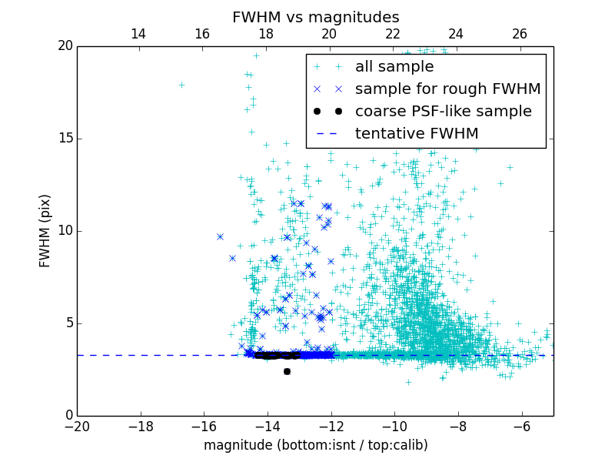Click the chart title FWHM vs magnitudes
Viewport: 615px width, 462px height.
coord(315,17)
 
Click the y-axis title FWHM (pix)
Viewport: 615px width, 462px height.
coord(45,231)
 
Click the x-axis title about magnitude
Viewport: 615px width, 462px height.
coord(315,445)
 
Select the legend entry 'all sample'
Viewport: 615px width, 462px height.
coord(394,67)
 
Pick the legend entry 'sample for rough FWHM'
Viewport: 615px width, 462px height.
coord(447,89)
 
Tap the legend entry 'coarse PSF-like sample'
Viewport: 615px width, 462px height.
coord(443,112)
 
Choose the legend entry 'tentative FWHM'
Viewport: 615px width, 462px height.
coord(416,134)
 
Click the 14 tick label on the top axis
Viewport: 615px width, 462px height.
coord(138,34)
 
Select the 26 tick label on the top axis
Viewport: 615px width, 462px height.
coord(520,34)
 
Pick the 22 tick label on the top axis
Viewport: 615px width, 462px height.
coord(393,34)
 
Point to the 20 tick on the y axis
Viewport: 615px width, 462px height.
coord(64,46)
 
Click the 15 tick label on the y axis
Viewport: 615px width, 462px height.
coord(64,139)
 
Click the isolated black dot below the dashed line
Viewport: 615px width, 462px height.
coord(287,371)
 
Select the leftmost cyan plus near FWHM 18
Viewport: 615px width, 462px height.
coord(181,85)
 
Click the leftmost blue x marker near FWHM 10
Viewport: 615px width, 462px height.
coord(220,236)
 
